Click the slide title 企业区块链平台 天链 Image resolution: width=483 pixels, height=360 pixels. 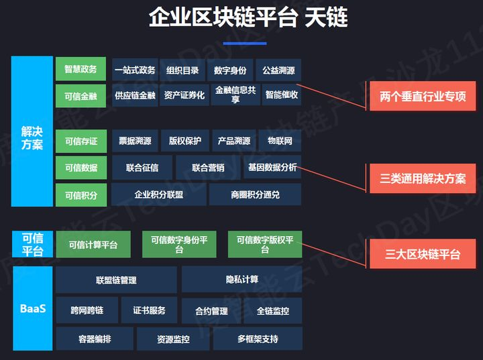[248, 17]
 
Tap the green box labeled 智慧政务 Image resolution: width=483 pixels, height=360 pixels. [80, 69]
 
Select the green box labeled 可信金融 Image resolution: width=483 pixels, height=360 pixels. [80, 96]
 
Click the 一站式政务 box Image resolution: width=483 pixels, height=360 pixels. [135, 70]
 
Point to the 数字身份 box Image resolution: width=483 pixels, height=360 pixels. [230, 70]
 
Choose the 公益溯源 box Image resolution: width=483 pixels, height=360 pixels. [278, 70]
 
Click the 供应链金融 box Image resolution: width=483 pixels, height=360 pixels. [135, 95]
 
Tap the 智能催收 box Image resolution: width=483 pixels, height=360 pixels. [282, 95]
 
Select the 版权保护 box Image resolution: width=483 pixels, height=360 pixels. [185, 141]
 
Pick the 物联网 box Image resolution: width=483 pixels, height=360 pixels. [280, 141]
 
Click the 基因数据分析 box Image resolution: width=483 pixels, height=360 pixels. [272, 167]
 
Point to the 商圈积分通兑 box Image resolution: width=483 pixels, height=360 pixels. [255, 194]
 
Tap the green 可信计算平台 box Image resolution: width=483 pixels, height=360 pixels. [93, 245]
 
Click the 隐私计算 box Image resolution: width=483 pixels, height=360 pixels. [241, 279]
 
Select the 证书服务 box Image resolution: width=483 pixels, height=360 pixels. [150, 310]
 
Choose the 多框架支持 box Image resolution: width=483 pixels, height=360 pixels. [258, 339]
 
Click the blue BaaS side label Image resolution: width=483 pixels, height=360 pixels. [32, 308]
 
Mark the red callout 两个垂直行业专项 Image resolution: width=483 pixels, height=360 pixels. [423, 97]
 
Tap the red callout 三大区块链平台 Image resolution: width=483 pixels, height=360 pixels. [423, 254]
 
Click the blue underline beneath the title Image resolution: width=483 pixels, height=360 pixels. [244, 43]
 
